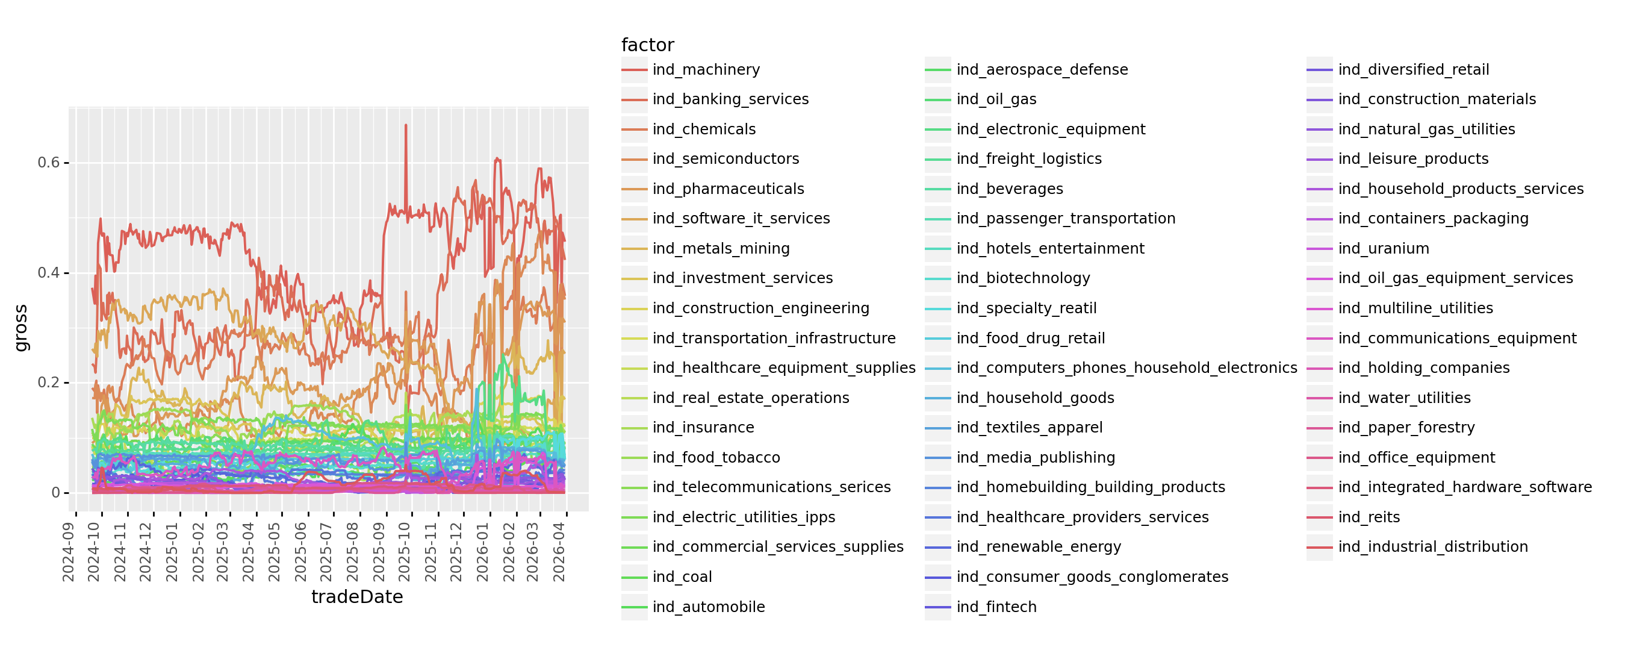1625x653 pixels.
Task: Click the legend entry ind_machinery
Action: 706,69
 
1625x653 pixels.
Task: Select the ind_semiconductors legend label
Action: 726,159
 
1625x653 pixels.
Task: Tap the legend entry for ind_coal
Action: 682,576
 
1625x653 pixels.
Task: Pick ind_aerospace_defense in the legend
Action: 1042,69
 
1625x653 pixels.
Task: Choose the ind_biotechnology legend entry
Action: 1022,278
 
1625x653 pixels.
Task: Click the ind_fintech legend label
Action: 996,607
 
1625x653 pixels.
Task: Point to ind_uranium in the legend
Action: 1384,249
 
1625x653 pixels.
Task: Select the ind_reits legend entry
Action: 1369,517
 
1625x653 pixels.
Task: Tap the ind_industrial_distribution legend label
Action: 1432,547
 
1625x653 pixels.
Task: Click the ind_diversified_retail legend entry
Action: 1413,69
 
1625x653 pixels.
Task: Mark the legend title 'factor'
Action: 647,45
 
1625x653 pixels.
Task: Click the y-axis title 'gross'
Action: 22,328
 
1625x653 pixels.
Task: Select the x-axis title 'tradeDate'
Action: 357,597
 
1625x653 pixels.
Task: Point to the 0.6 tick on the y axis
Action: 49,163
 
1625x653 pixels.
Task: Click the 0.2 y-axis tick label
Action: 49,383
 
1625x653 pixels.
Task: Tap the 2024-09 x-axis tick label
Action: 69,552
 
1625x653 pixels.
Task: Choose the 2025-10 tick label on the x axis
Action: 405,552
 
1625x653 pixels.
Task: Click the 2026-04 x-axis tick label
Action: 559,552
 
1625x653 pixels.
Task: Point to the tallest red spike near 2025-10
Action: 406,125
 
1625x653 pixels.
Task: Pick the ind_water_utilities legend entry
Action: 1404,398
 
